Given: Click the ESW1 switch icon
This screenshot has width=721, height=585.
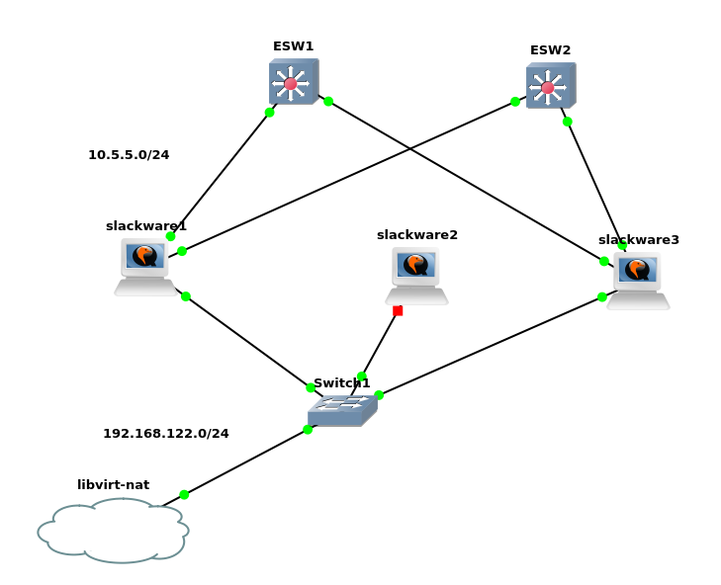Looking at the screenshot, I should point(293,82).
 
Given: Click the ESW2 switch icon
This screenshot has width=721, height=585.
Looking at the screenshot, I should point(550,86).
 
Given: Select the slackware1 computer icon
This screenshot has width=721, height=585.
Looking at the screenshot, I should point(145,266).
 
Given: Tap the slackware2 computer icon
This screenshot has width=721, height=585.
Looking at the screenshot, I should point(416,276).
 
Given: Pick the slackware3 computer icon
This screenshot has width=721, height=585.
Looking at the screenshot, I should point(638,280).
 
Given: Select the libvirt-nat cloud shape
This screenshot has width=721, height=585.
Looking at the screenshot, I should point(113,531).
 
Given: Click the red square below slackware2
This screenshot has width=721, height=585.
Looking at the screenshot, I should point(398,310).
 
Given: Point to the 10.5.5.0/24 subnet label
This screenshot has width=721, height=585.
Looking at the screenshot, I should point(129,155).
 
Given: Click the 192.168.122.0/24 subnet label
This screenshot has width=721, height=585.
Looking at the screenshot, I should point(166,434).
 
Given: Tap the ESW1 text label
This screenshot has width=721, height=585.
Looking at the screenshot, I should point(293,46).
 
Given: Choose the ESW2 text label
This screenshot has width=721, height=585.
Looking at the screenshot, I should point(550,50).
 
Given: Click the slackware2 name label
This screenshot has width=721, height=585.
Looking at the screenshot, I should point(416,235).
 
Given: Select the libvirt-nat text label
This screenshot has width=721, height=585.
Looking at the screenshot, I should point(113,485).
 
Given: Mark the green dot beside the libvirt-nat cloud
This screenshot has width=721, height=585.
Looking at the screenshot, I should point(184,494).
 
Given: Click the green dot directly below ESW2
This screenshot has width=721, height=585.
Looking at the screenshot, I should point(567,122).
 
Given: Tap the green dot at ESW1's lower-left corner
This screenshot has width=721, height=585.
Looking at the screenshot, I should point(269,113).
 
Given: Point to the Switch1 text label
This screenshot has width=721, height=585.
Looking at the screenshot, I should point(341,383).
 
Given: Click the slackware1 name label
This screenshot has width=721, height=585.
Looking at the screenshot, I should point(145,226).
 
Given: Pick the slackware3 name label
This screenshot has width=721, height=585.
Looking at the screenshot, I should point(638,240).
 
